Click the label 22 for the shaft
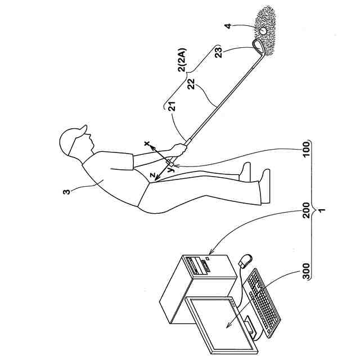[x=191, y=84]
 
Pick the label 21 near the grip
[x=170, y=106]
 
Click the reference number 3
[x=66, y=192]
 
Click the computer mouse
[x=245, y=260]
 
